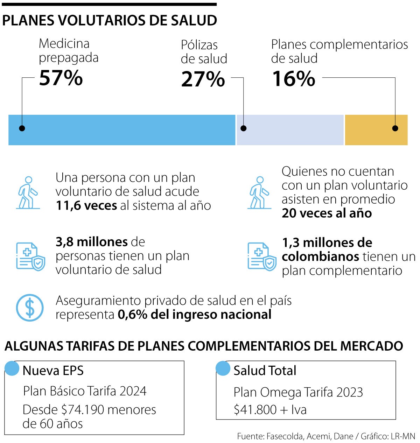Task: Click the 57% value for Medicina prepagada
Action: (x=61, y=78)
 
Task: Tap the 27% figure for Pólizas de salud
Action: (x=203, y=79)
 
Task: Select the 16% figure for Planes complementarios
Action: (x=293, y=79)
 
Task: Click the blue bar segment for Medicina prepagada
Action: (x=121, y=130)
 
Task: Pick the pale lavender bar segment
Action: (x=290, y=130)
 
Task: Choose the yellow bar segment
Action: (x=376, y=130)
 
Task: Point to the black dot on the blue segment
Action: (x=22, y=128)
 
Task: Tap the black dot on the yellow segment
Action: (x=395, y=128)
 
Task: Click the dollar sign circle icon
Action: (x=30, y=308)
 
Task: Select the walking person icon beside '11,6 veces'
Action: (x=28, y=193)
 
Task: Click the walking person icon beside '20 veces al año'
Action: (x=259, y=193)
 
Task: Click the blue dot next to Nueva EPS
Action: (x=12, y=368)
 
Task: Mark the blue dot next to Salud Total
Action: (x=223, y=368)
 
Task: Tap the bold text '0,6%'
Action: (x=133, y=315)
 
